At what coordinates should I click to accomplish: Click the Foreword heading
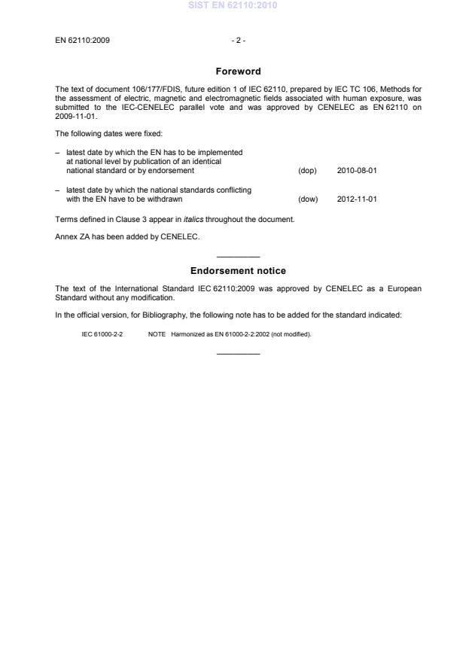point(237,71)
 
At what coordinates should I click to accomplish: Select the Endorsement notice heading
point(237,271)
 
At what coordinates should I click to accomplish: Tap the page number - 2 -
point(237,40)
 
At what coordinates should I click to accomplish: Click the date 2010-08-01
point(357,171)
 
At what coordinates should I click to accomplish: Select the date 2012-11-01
point(357,199)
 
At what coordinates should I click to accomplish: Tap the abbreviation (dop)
point(307,171)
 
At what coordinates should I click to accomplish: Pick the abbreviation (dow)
point(308,199)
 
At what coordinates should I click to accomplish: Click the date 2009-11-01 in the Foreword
point(76,117)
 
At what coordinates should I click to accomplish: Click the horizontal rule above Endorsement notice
point(237,257)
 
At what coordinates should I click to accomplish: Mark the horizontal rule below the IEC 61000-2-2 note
point(237,353)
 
